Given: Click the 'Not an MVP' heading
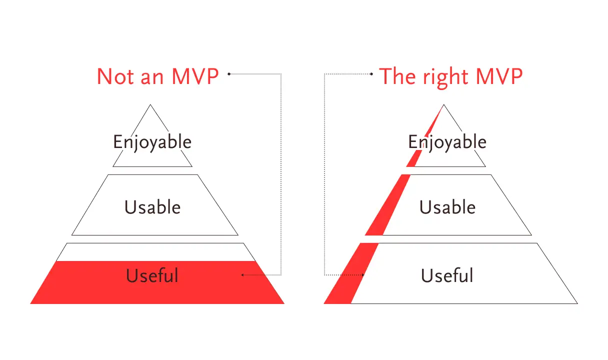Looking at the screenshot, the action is [157, 76].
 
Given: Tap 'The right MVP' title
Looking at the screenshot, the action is [451, 78].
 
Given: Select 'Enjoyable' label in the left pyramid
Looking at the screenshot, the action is [152, 142].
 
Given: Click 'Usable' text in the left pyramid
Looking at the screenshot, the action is [152, 207].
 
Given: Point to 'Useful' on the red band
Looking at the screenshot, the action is [152, 275].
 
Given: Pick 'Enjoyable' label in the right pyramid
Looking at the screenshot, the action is [447, 142].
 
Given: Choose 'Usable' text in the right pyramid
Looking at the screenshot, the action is [447, 207].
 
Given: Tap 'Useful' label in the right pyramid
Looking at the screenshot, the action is [447, 275].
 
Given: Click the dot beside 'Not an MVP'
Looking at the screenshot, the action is [229, 74].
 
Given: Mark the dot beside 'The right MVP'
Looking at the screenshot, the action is [371, 74].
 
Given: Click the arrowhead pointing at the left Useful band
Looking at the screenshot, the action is [242, 275].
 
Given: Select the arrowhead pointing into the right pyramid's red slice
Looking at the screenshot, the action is [363, 275].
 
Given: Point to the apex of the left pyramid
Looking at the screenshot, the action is [150, 104].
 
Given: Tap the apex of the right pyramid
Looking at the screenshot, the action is [444, 104].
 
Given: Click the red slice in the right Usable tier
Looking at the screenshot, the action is [387, 205].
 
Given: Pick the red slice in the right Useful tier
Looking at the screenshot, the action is [351, 273].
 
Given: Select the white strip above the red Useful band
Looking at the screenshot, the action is [156, 252].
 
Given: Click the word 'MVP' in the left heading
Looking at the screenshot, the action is [195, 76].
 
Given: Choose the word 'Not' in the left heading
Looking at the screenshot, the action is [115, 76].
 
